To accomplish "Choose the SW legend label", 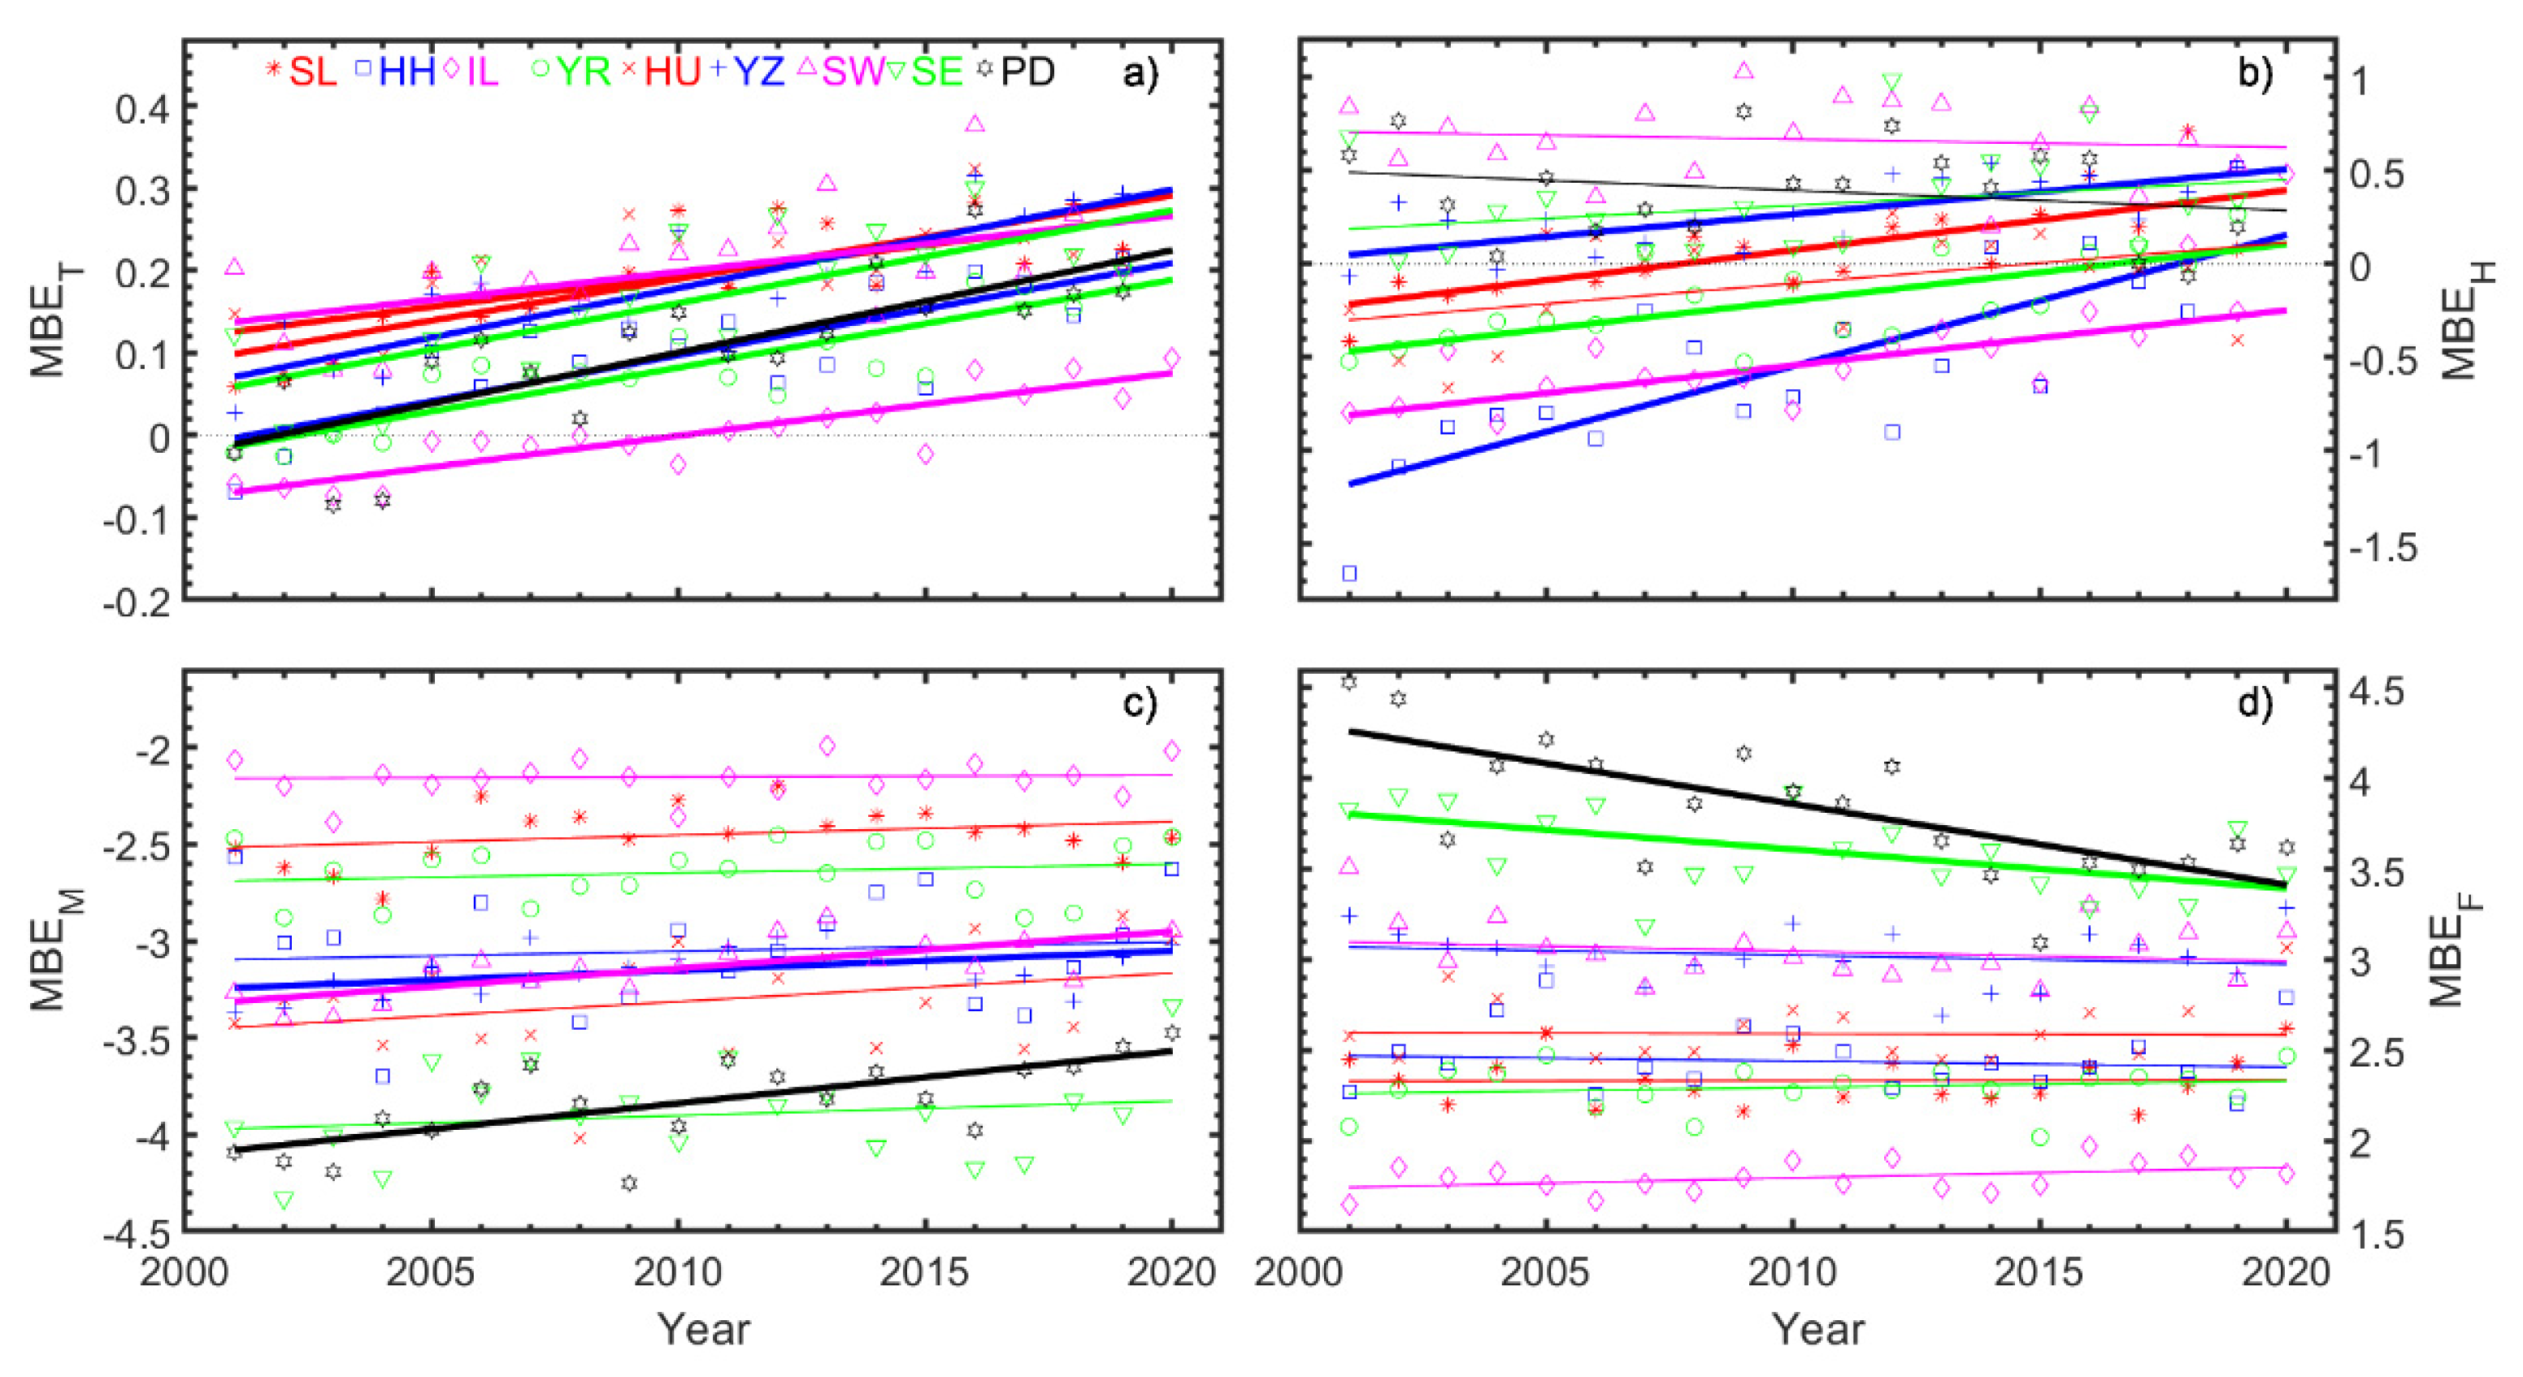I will coord(852,71).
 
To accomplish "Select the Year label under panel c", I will coord(703,1330).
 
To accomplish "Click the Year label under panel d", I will coord(1817,1330).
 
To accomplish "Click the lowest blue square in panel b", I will coord(1348,574).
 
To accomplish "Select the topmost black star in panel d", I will coord(1348,682).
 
